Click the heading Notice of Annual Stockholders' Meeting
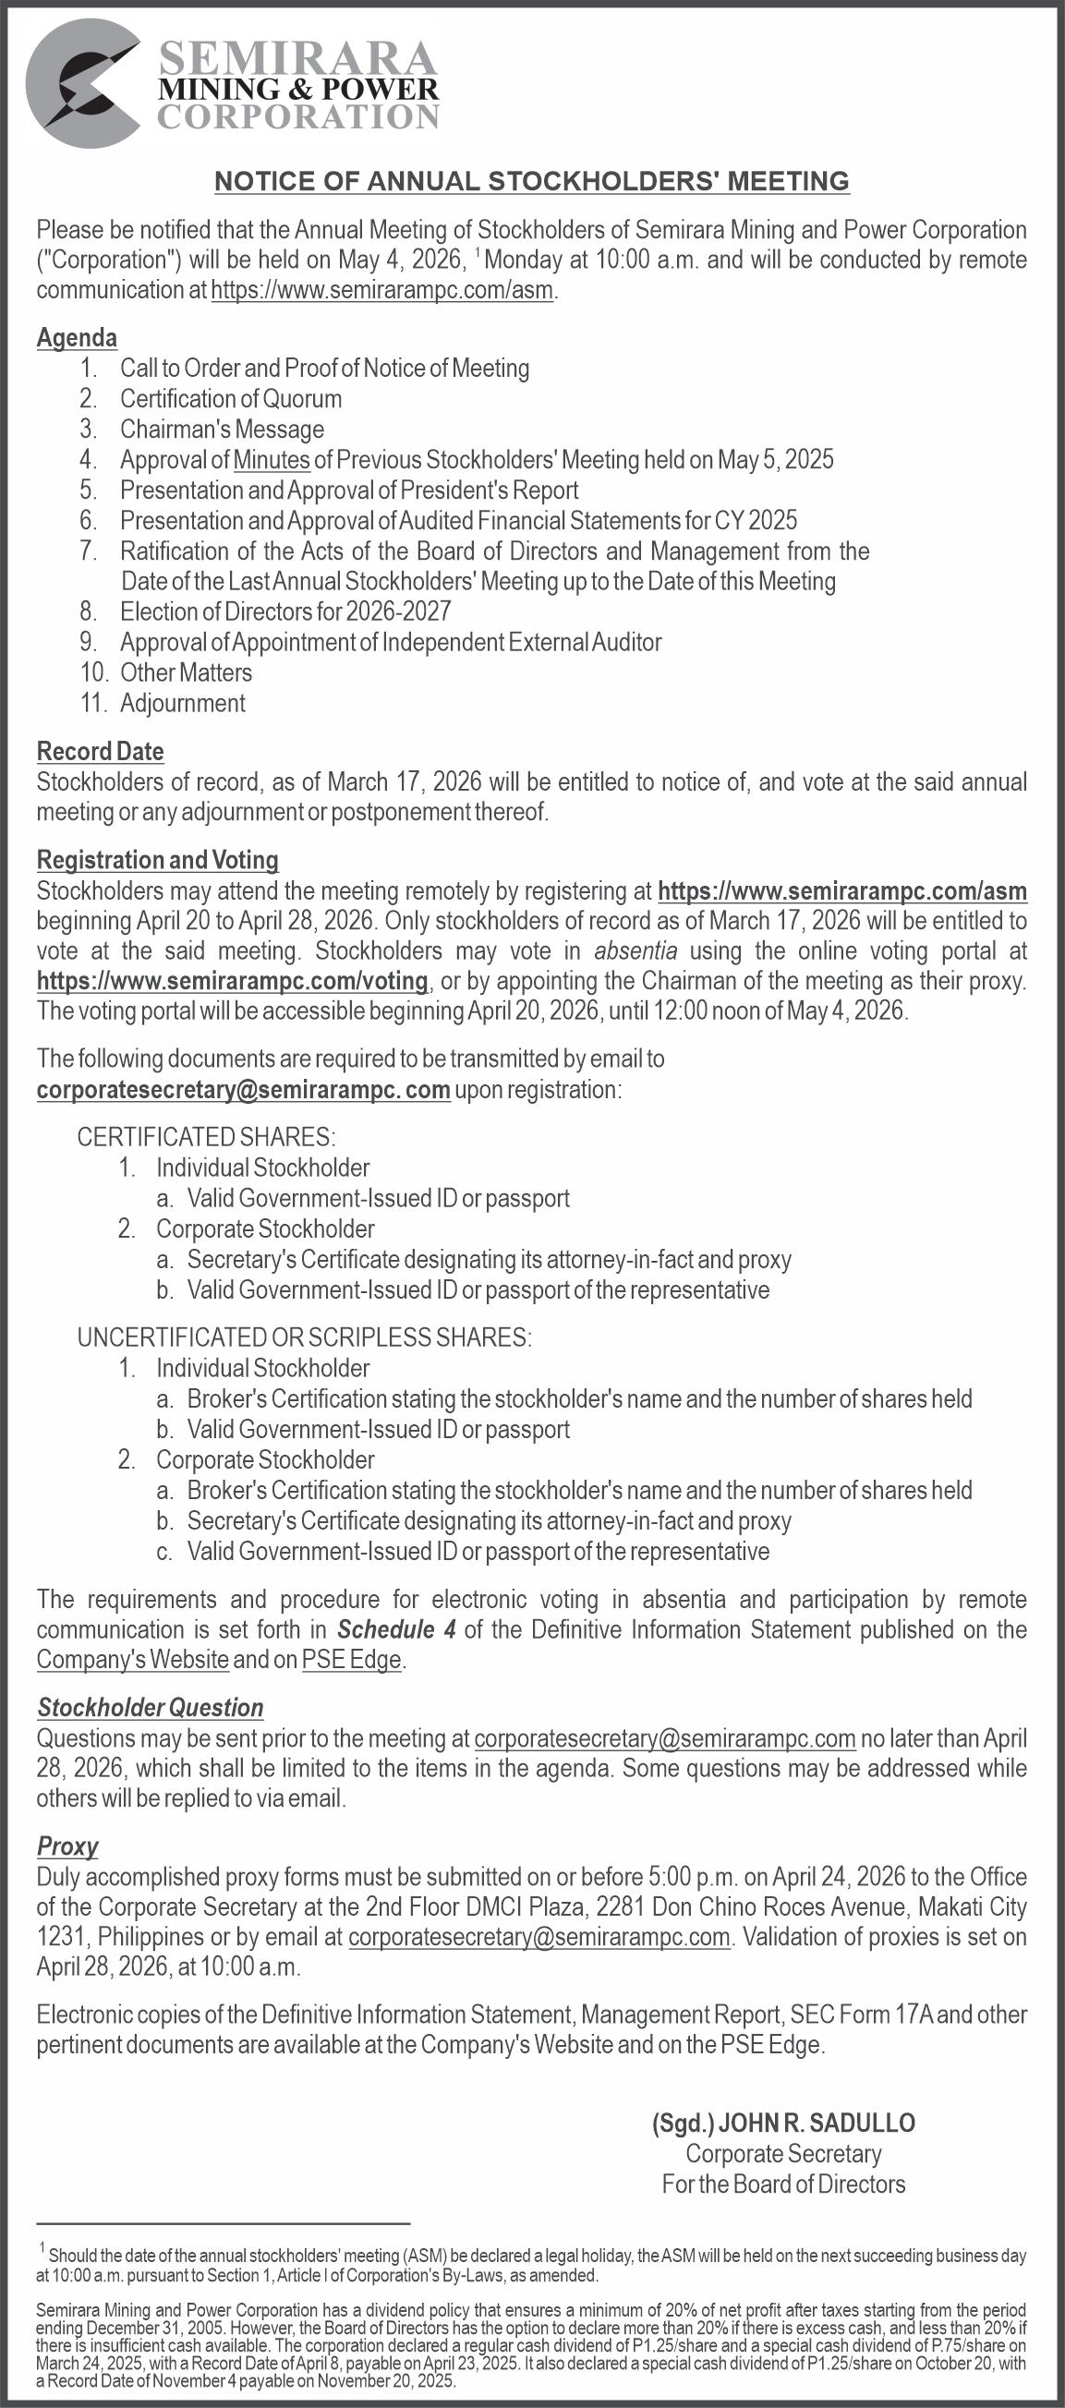(531, 181)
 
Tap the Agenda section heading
(77, 337)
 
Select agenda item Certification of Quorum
(231, 399)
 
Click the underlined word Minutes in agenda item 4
(272, 460)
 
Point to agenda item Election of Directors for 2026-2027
(285, 612)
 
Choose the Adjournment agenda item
(182, 703)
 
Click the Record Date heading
(100, 752)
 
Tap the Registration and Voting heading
(157, 860)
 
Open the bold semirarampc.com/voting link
(233, 982)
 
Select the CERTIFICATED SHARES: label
(206, 1137)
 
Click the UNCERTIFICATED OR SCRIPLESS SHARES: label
(304, 1337)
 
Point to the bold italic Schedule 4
(396, 1629)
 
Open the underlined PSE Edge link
(352, 1660)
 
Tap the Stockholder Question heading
(151, 1708)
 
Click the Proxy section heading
(67, 1846)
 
